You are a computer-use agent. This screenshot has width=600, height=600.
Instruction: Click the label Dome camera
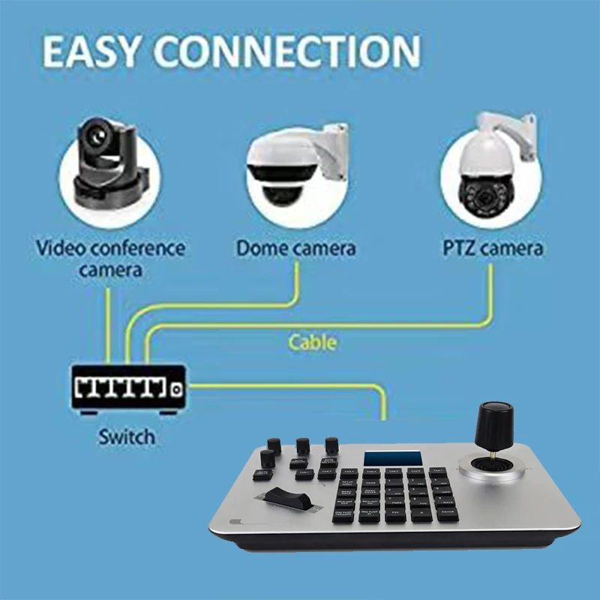(x=296, y=248)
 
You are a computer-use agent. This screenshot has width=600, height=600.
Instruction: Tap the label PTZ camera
(x=491, y=248)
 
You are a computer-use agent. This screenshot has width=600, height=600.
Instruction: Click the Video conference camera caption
(x=111, y=258)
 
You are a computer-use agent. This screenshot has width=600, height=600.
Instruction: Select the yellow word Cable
(x=313, y=343)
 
